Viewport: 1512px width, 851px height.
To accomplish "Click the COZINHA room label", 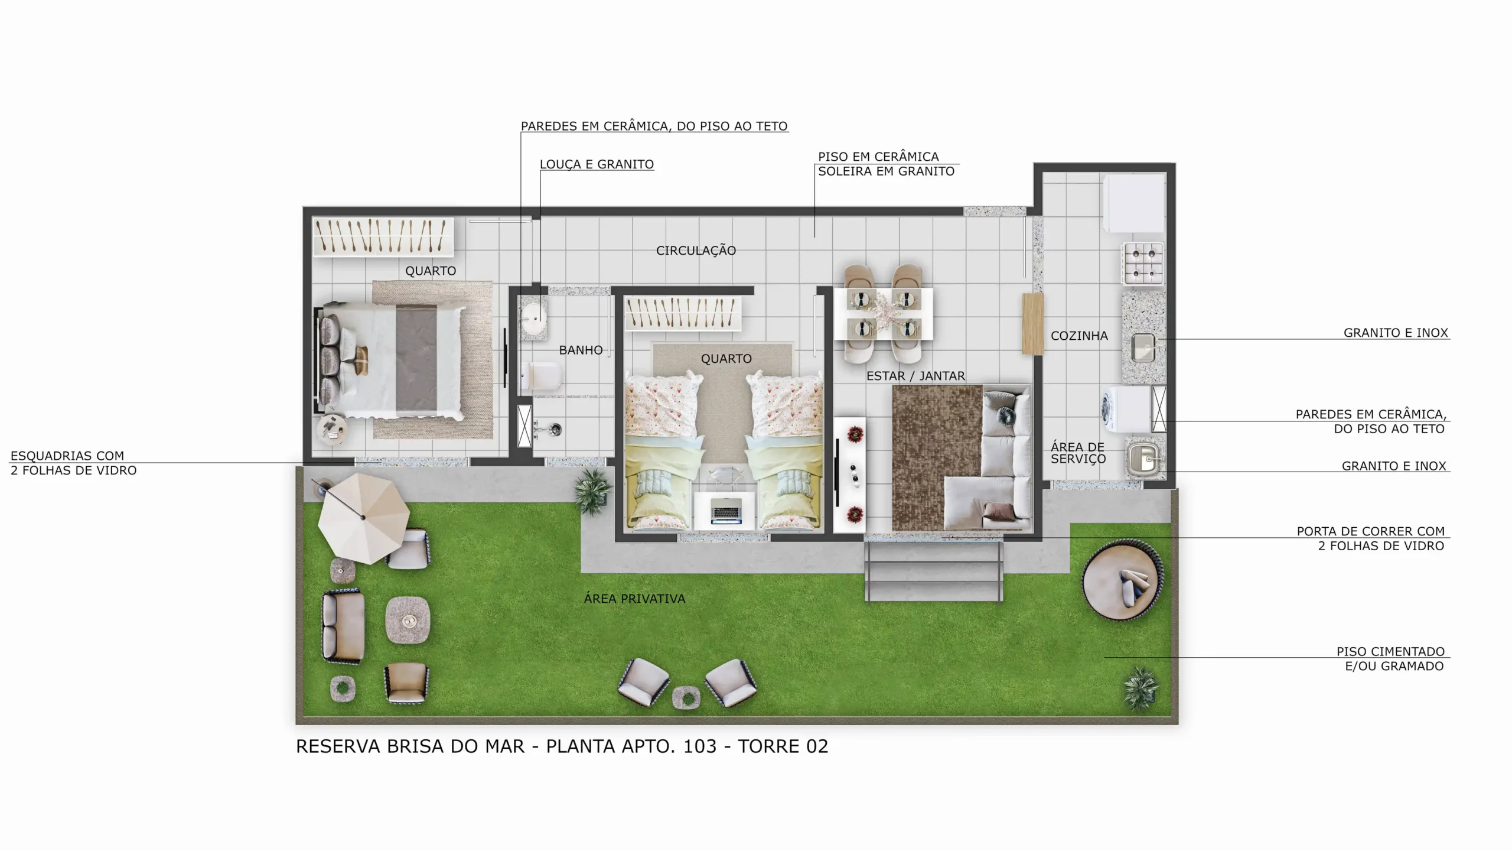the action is pos(1079,336).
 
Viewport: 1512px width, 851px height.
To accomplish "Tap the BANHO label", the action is pos(581,350).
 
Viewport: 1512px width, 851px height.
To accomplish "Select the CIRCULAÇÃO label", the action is pos(696,251).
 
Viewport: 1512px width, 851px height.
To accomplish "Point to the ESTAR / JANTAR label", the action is pos(915,376).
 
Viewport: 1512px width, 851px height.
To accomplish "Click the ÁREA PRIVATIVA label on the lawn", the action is pos(634,599).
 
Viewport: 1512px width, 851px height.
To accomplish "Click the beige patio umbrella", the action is pos(363,518).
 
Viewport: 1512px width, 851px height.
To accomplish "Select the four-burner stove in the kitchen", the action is pos(1143,263).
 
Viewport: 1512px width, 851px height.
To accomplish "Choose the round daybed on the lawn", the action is pos(1123,580).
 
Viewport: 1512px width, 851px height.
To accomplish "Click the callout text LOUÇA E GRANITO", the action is pos(597,164).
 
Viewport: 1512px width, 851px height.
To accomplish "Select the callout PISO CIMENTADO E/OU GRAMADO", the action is pos(1390,659).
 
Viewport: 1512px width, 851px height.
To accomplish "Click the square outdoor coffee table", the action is pos(408,621).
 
